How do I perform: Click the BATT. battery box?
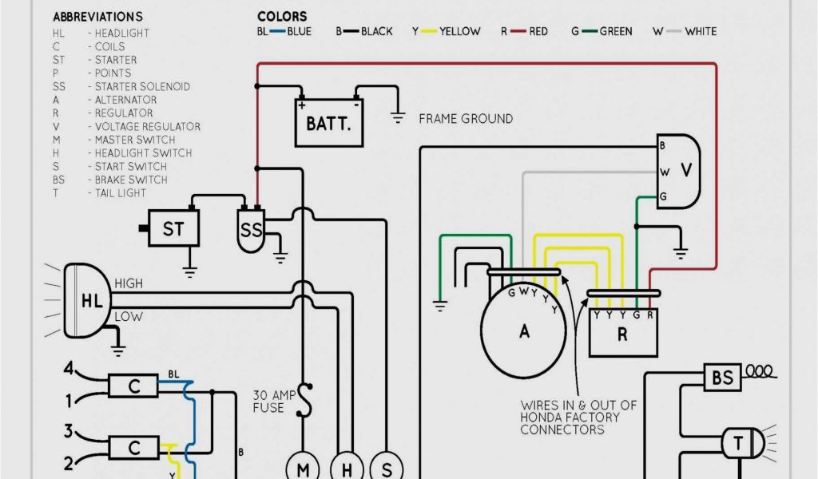tap(329, 125)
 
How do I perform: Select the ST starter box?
tap(173, 229)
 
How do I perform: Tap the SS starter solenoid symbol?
tap(251, 231)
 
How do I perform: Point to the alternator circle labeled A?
tap(524, 331)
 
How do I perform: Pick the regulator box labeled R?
tap(622, 333)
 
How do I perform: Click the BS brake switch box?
tap(722, 378)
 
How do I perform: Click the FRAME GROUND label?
tap(466, 119)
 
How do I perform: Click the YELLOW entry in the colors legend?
tap(459, 31)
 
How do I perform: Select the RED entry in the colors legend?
tap(538, 31)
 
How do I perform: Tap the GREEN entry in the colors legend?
tap(615, 31)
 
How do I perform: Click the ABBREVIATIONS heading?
tap(97, 17)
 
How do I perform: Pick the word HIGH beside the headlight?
tap(129, 283)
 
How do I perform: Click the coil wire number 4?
tap(69, 369)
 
